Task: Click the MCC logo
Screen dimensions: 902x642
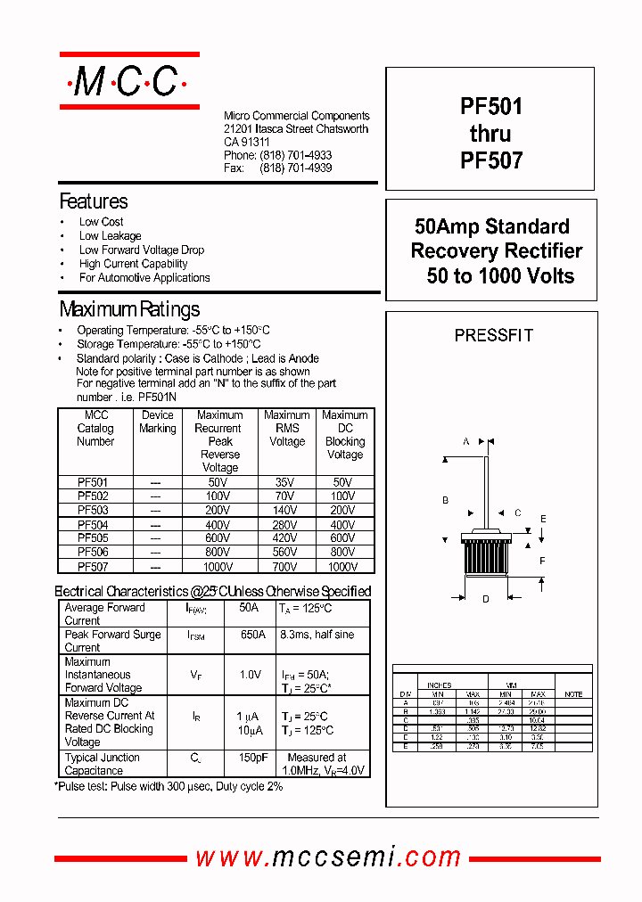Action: pos(128,82)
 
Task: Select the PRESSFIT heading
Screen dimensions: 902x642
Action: pos(493,336)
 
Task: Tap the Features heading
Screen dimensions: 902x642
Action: pos(94,201)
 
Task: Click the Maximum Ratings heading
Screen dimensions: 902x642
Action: pos(129,309)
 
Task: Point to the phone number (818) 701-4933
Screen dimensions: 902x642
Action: pos(296,155)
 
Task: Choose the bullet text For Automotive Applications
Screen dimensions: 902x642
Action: pos(144,278)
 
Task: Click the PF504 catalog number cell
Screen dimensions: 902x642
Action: pos(94,525)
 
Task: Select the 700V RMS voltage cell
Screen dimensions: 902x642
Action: pos(285,566)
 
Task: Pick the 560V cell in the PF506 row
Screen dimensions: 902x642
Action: pos(285,552)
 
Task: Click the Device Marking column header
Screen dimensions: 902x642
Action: pos(157,422)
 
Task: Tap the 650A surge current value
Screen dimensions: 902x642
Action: pos(252,635)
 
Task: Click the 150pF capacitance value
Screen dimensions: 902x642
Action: pos(252,758)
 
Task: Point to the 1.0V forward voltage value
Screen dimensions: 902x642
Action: pos(251,675)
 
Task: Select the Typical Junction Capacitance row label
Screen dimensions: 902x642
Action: pos(103,764)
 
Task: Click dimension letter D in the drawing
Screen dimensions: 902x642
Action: pos(486,599)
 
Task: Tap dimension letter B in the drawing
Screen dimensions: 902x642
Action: pos(445,500)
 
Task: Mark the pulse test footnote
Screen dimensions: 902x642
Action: pos(169,786)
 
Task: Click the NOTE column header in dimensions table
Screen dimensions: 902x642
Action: pos(573,694)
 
